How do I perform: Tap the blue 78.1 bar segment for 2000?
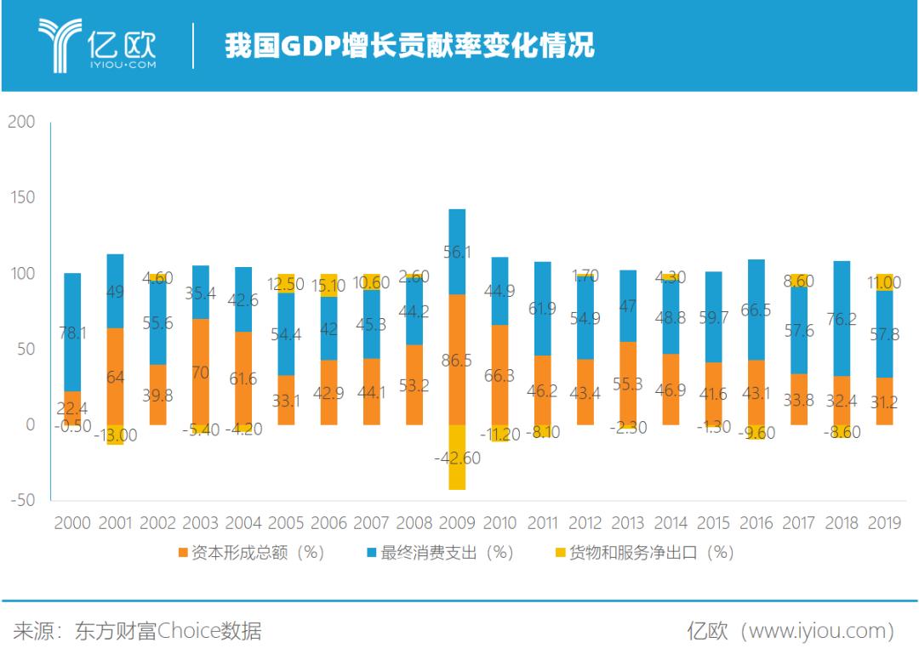(72, 333)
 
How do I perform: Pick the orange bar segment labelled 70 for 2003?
(201, 372)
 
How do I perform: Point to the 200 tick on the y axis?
(21, 122)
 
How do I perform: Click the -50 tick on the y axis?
(21, 500)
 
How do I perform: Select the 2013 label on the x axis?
(628, 523)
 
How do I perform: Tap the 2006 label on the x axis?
(328, 523)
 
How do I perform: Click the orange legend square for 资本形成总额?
(183, 554)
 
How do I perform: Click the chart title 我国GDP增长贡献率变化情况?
(408, 45)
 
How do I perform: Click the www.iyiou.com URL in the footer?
(818, 631)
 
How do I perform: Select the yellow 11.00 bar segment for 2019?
(884, 282)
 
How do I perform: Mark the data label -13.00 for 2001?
(115, 435)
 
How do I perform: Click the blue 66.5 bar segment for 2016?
(756, 310)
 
